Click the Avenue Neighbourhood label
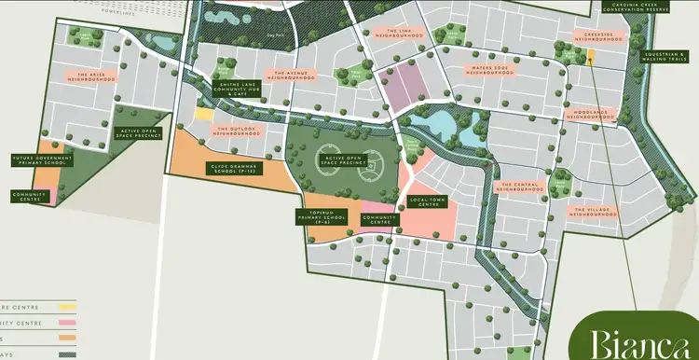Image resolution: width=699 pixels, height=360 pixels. click(292, 74)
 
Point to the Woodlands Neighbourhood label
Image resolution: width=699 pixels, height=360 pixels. click(589, 114)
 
